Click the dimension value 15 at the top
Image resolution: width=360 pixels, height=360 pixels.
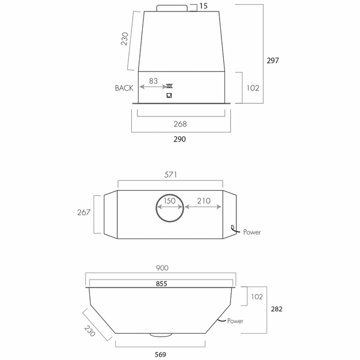pyautogui.click(x=204, y=6)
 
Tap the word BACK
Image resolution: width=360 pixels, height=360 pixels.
pyautogui.click(x=124, y=88)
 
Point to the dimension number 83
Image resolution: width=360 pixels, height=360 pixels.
pyautogui.click(x=154, y=80)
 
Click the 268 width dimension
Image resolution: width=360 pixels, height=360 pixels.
pyautogui.click(x=180, y=124)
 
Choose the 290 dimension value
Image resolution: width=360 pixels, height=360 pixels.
pyautogui.click(x=180, y=139)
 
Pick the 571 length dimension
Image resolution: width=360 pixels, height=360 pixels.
pyautogui.click(x=171, y=175)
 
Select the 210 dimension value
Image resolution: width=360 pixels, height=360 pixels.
pyautogui.click(x=203, y=201)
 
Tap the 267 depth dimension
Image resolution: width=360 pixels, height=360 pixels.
pyautogui.click(x=85, y=212)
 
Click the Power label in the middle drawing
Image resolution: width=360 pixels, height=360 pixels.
pyautogui.click(x=251, y=231)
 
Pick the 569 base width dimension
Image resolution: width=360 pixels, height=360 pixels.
pyautogui.click(x=161, y=354)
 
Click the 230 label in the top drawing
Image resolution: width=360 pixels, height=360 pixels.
pyautogui.click(x=125, y=40)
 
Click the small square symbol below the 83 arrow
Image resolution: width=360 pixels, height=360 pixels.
pyautogui.click(x=169, y=95)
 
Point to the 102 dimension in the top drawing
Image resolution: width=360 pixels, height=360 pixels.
pyautogui.click(x=253, y=88)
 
